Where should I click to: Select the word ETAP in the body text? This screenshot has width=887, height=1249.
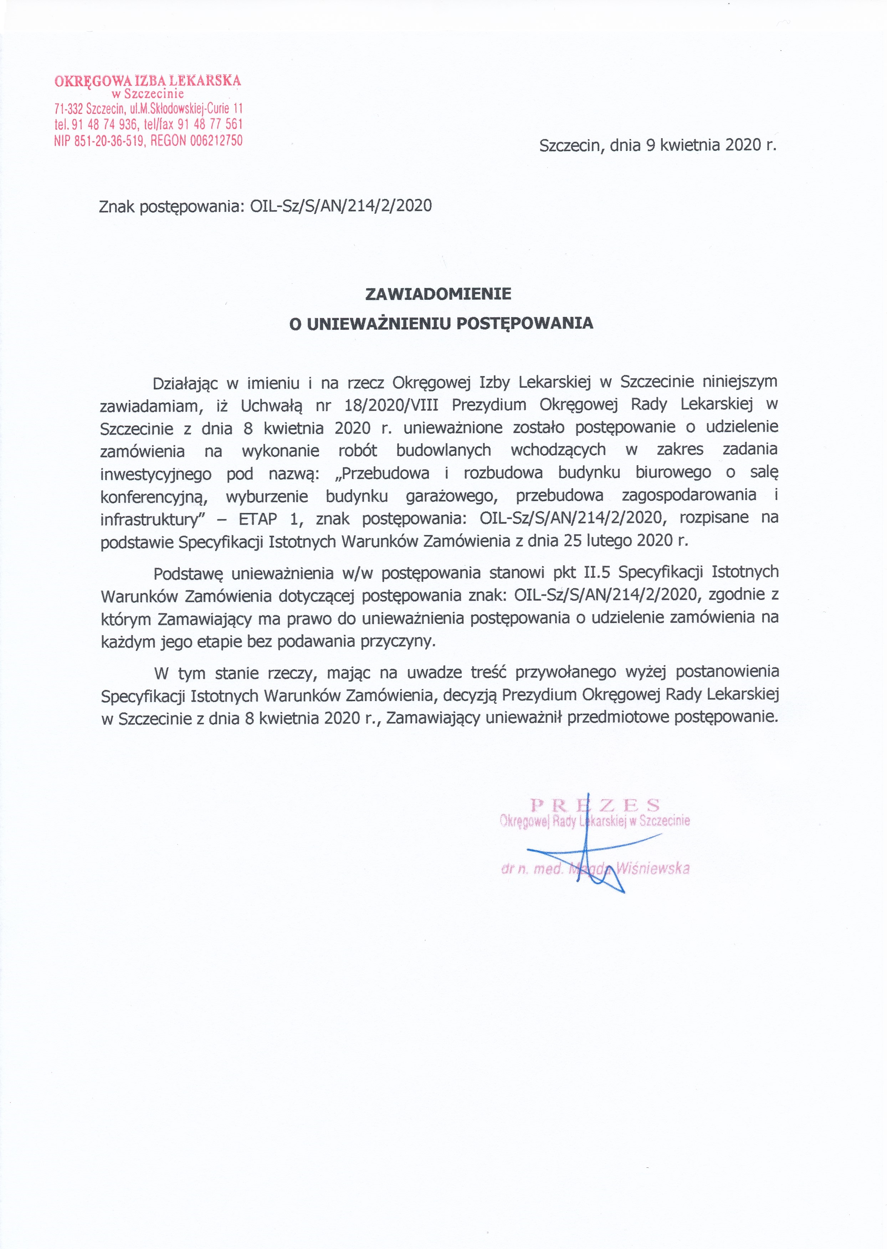pyautogui.click(x=258, y=518)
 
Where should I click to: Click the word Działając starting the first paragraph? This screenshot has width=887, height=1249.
pyautogui.click(x=185, y=382)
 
